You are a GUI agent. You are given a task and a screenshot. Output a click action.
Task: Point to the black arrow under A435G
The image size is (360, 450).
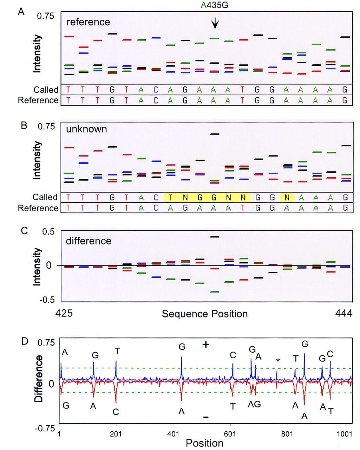(x=215, y=24)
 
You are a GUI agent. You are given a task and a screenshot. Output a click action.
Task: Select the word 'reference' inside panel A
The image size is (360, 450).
(x=88, y=22)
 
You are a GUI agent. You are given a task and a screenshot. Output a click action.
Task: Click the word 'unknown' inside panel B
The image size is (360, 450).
(x=86, y=129)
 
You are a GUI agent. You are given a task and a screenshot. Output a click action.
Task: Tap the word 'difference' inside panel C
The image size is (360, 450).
(x=89, y=241)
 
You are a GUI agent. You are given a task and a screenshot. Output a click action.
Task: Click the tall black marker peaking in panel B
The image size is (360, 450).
(x=214, y=134)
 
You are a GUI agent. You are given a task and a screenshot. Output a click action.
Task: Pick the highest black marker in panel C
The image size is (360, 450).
(x=214, y=237)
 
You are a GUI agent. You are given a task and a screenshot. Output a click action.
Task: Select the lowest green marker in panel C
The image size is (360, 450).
(x=214, y=292)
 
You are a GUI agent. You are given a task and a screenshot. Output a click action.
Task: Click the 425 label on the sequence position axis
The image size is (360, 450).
(x=64, y=313)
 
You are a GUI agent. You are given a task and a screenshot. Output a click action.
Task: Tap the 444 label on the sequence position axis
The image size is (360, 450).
(x=344, y=313)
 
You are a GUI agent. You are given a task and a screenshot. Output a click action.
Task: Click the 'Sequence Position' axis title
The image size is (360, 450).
(x=205, y=314)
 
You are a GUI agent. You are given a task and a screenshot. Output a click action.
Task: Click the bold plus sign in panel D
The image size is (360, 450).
(x=206, y=345)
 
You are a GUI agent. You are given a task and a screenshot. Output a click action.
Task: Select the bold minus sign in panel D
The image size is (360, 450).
(x=206, y=417)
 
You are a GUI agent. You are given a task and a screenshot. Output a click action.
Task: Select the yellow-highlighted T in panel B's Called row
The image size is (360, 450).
(x=170, y=198)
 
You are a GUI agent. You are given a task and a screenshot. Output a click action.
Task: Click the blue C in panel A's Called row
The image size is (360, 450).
(x=156, y=90)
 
